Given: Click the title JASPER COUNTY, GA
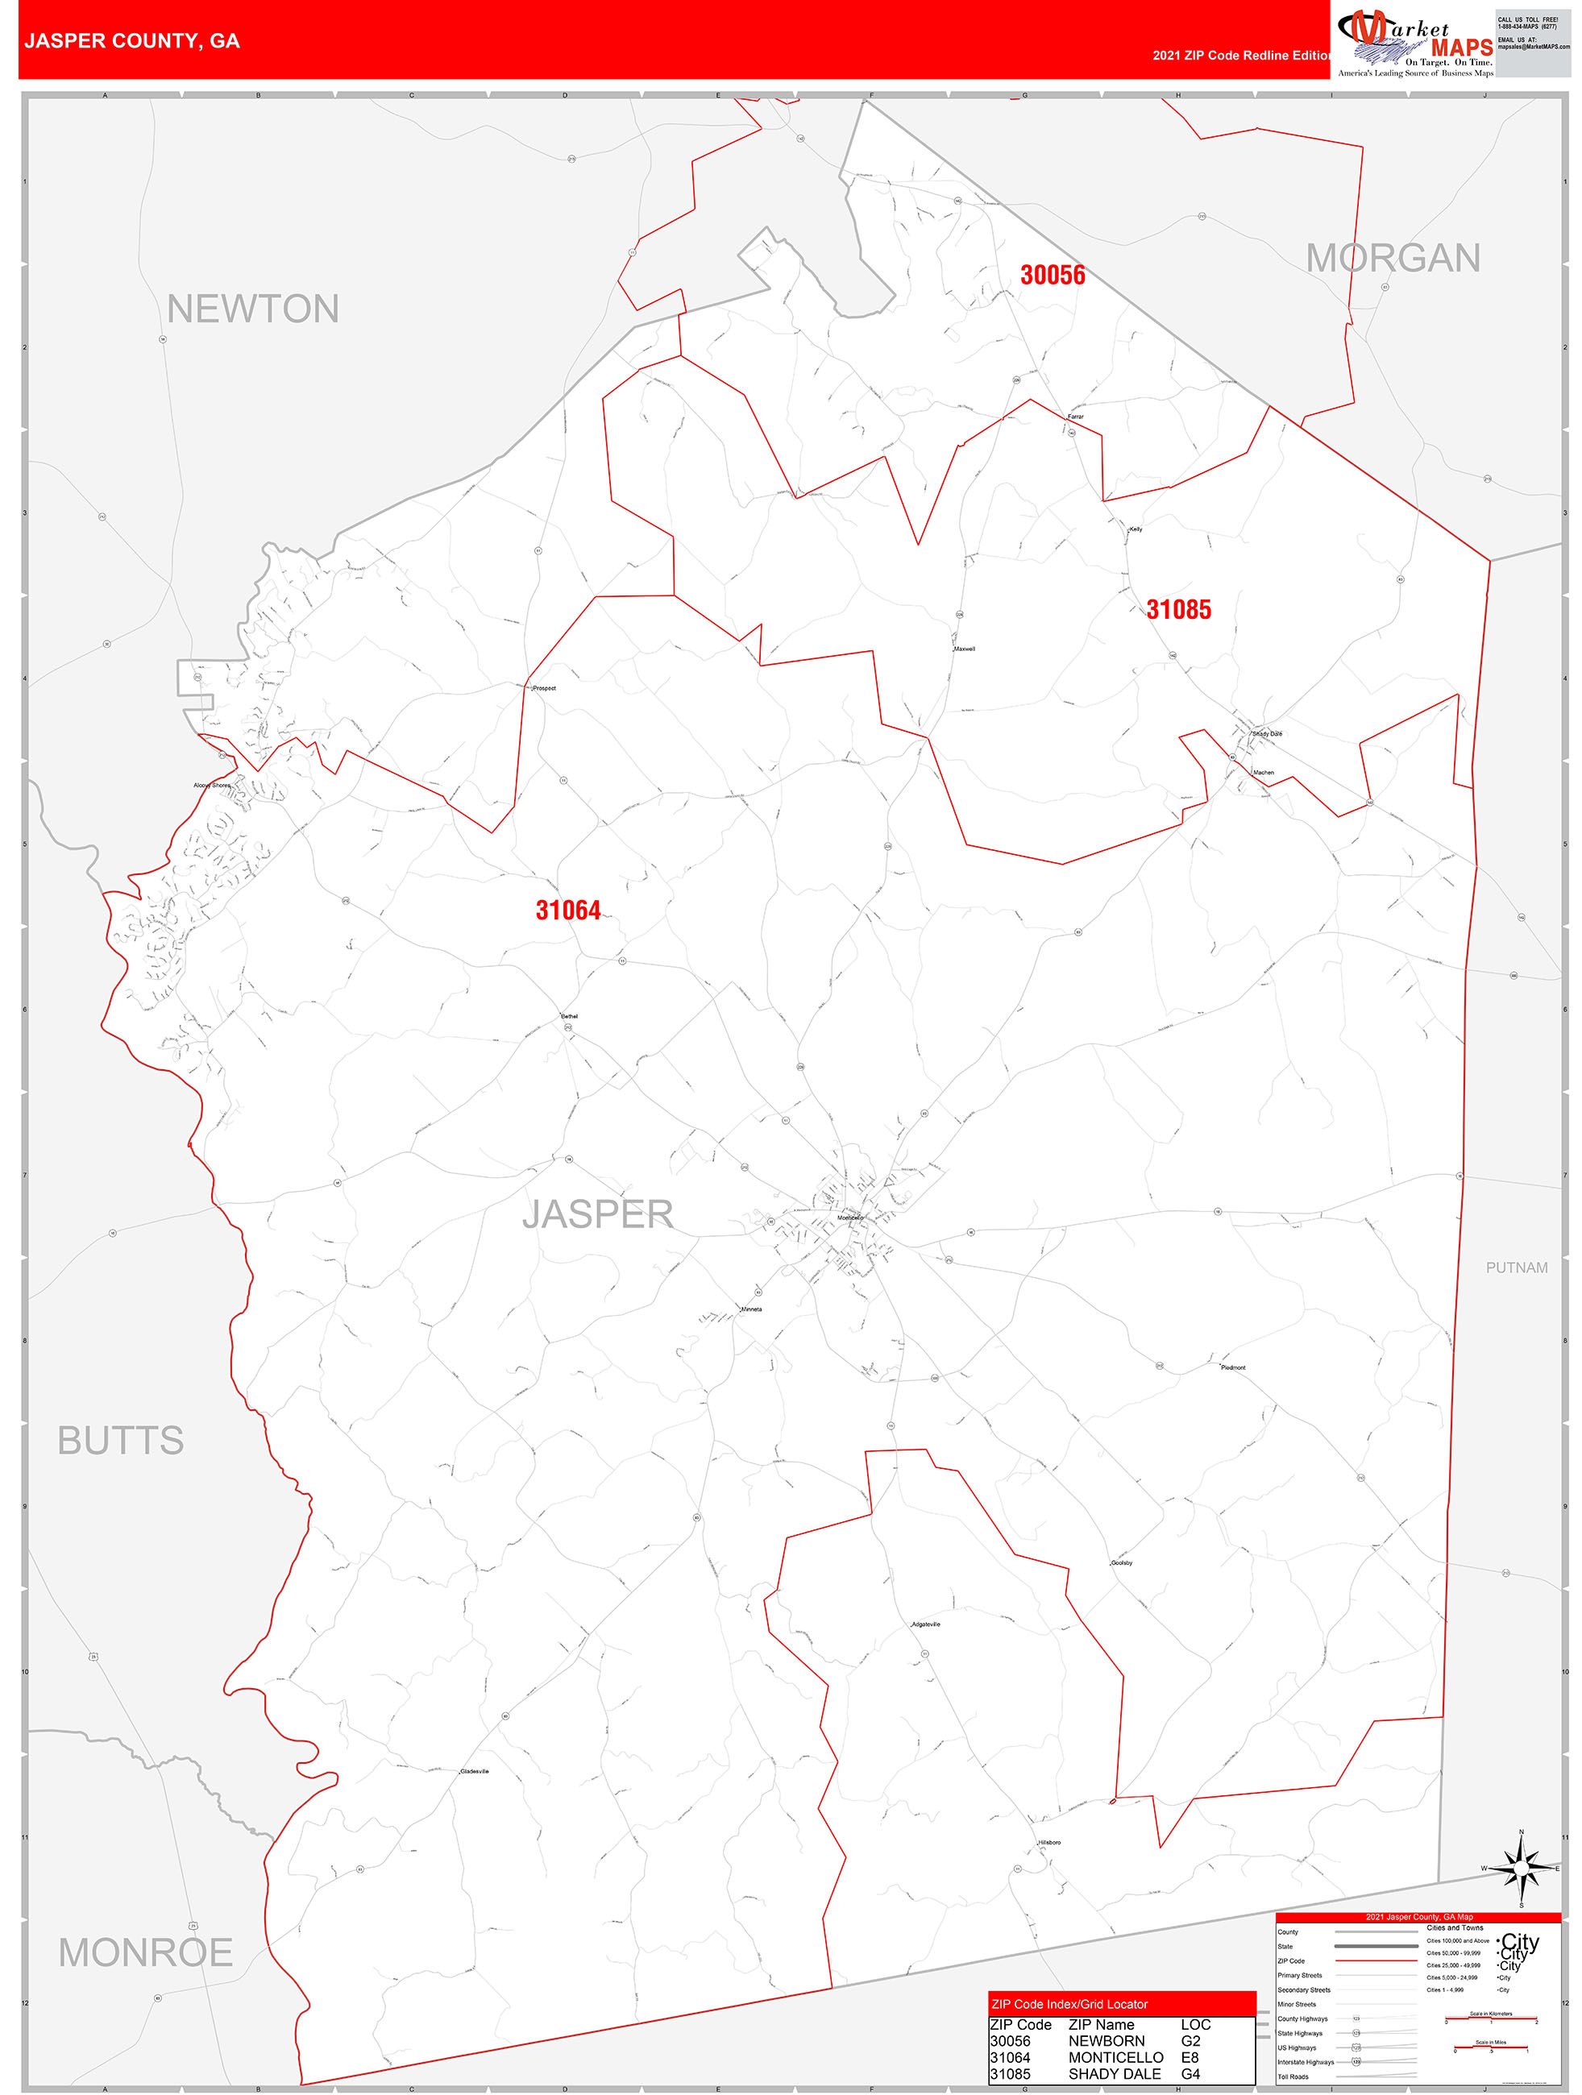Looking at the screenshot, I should (131, 41).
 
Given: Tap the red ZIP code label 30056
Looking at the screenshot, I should (1052, 275).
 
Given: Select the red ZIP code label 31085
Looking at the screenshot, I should (1177, 609).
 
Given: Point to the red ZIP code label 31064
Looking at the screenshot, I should (567, 911).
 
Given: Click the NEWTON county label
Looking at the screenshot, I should (252, 309).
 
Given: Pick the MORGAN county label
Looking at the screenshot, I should (1392, 258).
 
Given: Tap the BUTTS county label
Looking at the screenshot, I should (120, 1440).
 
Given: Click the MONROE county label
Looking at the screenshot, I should (145, 1952).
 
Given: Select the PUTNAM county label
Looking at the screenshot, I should (1516, 1267).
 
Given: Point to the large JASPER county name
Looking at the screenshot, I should (597, 1214).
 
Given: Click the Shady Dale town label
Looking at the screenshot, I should (1267, 734).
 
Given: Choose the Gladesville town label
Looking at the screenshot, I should (475, 1771).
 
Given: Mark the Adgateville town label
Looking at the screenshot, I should (925, 1624).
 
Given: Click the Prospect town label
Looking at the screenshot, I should (544, 689).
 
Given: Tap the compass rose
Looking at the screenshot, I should (1521, 1869).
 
